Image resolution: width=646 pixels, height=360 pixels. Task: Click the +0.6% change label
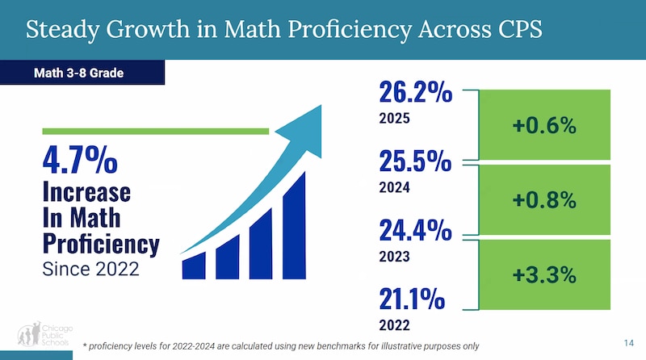coord(543,125)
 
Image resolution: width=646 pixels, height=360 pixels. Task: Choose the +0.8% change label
coord(543,199)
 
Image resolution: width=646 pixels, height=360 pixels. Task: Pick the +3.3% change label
coord(543,274)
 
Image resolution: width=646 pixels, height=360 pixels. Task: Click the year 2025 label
coord(394,118)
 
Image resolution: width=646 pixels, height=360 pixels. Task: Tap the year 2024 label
coord(394,187)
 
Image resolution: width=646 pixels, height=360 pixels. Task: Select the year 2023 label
coord(394,257)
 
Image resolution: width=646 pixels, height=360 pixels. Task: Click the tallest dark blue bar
coord(294,225)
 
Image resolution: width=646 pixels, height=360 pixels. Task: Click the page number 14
coord(630,343)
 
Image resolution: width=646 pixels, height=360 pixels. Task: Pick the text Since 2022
coord(90,270)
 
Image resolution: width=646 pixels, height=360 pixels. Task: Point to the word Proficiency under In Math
coord(100,243)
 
